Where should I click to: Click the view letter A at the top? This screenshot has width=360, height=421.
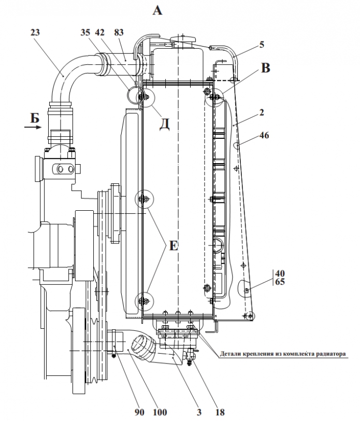pos(158,10)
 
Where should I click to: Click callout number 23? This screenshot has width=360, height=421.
pos(35,33)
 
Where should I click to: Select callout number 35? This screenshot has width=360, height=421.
pos(85,33)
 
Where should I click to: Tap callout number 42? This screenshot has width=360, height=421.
pos(99,33)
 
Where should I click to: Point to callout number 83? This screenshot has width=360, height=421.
pos(119,33)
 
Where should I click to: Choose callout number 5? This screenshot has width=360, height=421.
pos(262,45)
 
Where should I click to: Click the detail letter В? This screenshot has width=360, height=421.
pos(265,68)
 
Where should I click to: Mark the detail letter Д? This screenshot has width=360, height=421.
pos(164,124)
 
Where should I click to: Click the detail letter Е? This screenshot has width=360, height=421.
pos(174,245)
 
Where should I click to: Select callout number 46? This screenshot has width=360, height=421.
pos(264,135)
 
